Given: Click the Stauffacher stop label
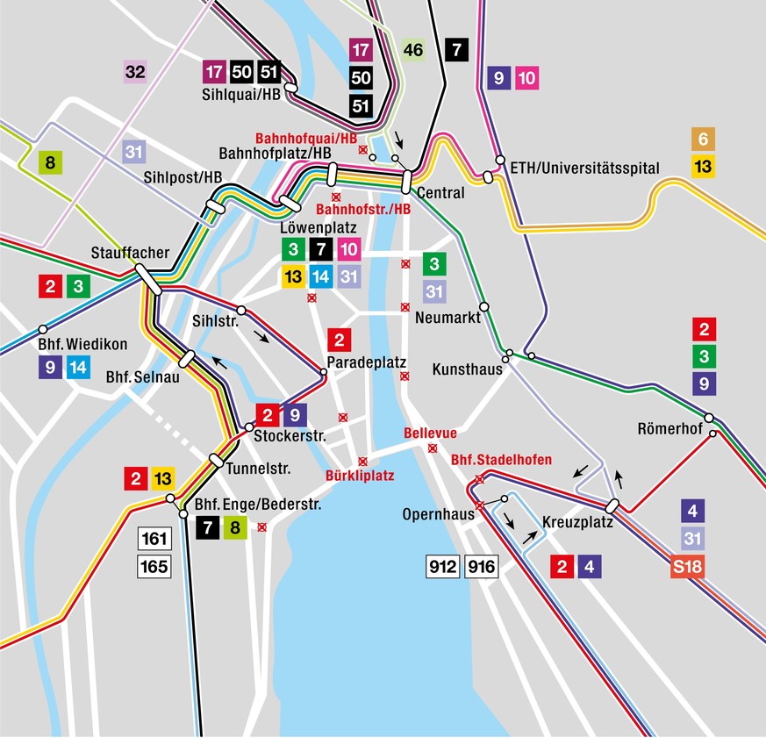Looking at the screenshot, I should pyautogui.click(x=130, y=253).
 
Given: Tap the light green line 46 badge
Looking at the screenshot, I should pyautogui.click(x=413, y=50).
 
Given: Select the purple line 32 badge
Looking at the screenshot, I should pyautogui.click(x=134, y=71).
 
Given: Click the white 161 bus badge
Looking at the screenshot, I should pyautogui.click(x=154, y=539).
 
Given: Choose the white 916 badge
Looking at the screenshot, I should pyautogui.click(x=481, y=567).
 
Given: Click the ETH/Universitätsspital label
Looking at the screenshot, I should pyautogui.click(x=583, y=168).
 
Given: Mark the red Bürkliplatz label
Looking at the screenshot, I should pyautogui.click(x=360, y=476).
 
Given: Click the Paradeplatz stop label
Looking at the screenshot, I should pyautogui.click(x=358, y=362).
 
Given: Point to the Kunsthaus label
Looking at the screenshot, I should pyautogui.click(x=467, y=369).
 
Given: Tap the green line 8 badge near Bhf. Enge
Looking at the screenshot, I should pyautogui.click(x=233, y=527).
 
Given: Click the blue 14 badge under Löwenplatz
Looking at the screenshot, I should pyautogui.click(x=320, y=277).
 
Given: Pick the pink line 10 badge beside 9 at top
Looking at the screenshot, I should pyautogui.click(x=526, y=78).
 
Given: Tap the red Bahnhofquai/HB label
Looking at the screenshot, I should pyautogui.click(x=306, y=139).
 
